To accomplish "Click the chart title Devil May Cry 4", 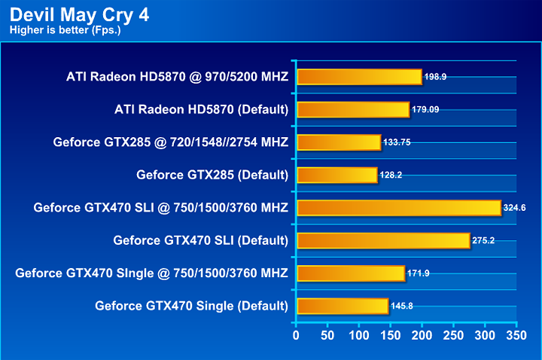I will [x=78, y=14].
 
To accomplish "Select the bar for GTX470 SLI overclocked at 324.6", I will [x=399, y=207].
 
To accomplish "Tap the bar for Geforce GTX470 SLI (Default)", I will [x=383, y=240].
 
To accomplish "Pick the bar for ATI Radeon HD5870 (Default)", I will [x=353, y=109].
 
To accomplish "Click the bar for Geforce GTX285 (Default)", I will [x=337, y=175].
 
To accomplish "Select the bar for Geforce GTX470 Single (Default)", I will [x=343, y=306].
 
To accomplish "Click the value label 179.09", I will [x=425, y=110].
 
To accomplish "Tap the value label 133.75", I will [x=397, y=142].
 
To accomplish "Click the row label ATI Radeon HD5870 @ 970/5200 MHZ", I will [x=177, y=77].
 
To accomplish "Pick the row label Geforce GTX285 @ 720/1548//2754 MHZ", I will [x=171, y=142].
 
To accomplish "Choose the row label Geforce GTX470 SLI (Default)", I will [x=201, y=240].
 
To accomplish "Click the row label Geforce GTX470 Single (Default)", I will [x=192, y=306].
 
